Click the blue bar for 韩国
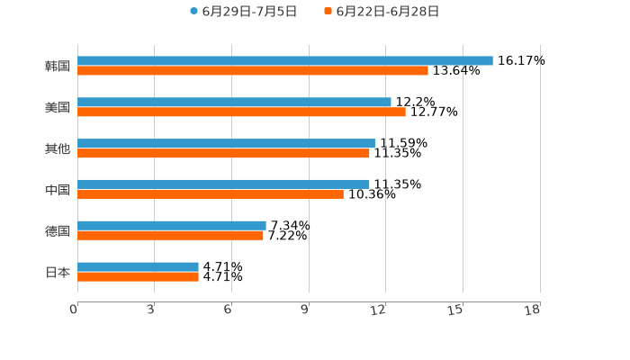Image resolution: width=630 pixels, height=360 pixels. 284,61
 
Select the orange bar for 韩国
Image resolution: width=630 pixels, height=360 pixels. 252,70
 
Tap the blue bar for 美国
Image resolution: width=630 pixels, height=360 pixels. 234,103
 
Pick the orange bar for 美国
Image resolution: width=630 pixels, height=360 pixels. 241,112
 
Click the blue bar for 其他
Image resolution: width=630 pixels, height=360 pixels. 226,144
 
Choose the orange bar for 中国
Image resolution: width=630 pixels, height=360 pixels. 210,193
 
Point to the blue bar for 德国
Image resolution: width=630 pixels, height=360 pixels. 171,226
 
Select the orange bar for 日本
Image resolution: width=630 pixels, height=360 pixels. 138,276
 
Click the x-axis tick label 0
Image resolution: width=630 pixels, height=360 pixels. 74,310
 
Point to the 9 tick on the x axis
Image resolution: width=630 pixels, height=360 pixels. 305,310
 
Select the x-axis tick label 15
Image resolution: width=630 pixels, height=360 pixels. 456,310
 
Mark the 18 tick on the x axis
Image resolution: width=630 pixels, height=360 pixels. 533,310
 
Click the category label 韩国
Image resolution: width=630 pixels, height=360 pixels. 58,66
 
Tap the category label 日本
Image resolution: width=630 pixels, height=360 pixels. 58,272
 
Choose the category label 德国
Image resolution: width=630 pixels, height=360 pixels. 58,230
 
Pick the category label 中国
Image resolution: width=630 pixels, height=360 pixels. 58,190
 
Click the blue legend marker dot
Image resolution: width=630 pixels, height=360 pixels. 193,12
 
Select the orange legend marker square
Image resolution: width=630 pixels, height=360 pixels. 328,12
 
